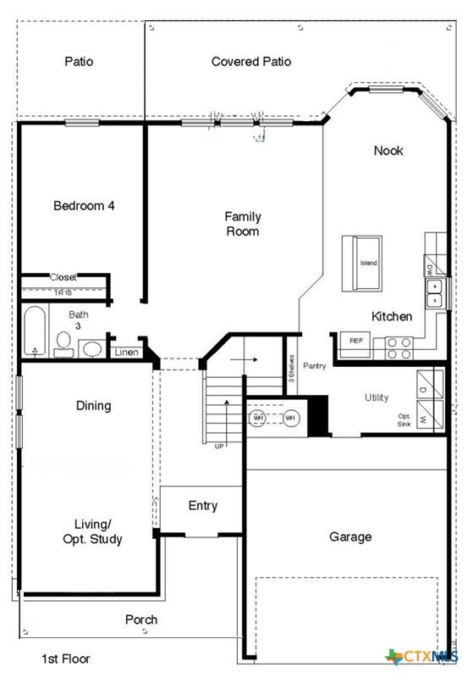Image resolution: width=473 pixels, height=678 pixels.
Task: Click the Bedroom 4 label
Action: [84, 205]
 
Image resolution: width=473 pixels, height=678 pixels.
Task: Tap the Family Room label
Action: [242, 224]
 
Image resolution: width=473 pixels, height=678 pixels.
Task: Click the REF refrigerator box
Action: [356, 340]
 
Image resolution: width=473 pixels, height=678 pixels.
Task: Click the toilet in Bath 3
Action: [63, 342]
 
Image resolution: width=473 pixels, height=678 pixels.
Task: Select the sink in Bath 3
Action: [92, 348]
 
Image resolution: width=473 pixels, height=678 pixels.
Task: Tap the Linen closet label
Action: [126, 352]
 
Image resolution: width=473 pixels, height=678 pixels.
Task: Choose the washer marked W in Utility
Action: [422, 419]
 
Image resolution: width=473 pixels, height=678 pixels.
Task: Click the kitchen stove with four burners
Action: [399, 346]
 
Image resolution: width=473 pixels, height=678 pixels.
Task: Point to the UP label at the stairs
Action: [219, 446]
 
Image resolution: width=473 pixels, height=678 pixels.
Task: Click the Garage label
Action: [350, 536]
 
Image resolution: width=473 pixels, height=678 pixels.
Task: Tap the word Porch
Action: [141, 620]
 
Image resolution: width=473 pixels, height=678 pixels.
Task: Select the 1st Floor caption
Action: [66, 658]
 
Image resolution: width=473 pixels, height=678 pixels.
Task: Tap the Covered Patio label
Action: [251, 62]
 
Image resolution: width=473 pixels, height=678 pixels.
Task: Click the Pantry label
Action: [314, 366]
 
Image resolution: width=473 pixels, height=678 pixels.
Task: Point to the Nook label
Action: [388, 151]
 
